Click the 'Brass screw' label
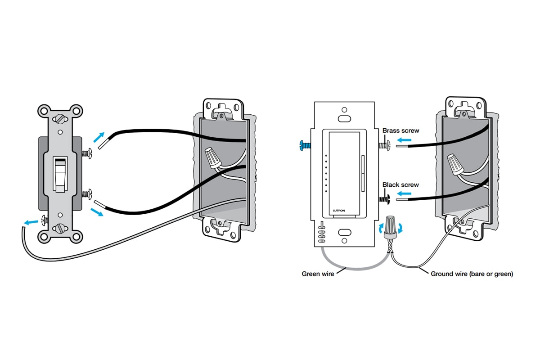click(x=400, y=130)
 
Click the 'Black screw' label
click(x=400, y=184)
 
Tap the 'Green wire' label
click(x=318, y=274)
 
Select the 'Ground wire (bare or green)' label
click(x=472, y=274)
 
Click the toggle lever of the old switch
click(x=58, y=173)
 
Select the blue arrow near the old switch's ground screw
click(x=31, y=222)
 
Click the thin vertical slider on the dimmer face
click(x=362, y=173)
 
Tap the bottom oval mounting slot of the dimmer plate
click(x=345, y=233)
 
